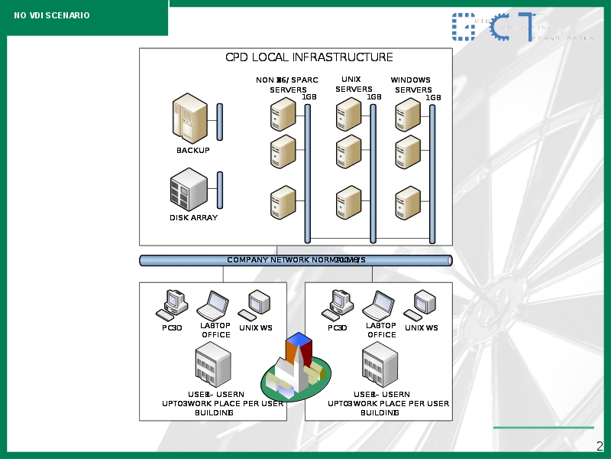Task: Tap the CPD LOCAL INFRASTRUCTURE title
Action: coord(309,57)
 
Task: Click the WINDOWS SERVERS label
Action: coord(412,85)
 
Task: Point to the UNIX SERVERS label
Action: coord(353,84)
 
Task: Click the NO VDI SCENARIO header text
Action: coord(52,15)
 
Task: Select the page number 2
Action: coord(600,446)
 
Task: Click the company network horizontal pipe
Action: coord(296,260)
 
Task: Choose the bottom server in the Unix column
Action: coord(349,203)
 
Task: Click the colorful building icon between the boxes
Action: coord(296,369)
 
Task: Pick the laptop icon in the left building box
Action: coord(214,306)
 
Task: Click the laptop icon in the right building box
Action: coord(380,306)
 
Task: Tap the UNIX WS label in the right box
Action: coord(422,328)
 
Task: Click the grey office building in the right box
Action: coord(380,365)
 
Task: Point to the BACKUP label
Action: coord(192,151)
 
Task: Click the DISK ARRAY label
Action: coord(193,218)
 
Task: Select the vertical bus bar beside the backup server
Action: coord(220,122)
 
